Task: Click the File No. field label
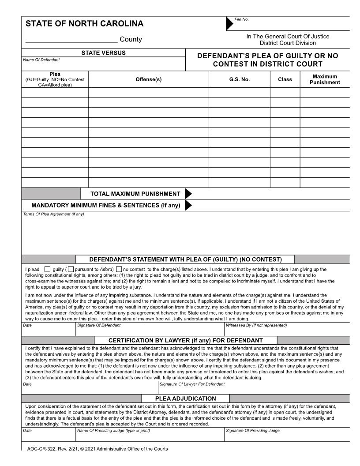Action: [242, 19]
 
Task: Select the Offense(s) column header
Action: [148, 79]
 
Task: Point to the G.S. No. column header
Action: [239, 79]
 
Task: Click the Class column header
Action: [285, 79]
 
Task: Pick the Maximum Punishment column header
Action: [325, 79]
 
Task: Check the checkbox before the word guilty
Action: [48, 269]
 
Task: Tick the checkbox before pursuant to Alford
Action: [71, 269]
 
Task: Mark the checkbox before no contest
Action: [119, 269]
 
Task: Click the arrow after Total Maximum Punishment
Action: [188, 194]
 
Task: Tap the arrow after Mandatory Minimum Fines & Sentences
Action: [188, 205]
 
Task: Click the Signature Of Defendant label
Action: [99, 325]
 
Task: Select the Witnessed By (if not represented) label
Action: [256, 325]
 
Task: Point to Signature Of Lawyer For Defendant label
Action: [192, 384]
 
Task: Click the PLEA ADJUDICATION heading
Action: [185, 398]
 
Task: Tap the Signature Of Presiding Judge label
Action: [253, 430]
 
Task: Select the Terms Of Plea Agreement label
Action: [53, 214]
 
